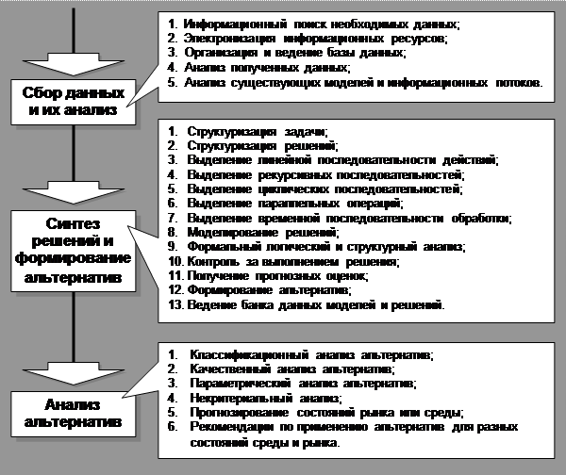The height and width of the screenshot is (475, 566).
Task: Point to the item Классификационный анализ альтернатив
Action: tap(311, 354)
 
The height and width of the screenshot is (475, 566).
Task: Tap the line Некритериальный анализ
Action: tap(263, 398)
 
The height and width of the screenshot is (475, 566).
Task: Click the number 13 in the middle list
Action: tap(172, 306)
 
